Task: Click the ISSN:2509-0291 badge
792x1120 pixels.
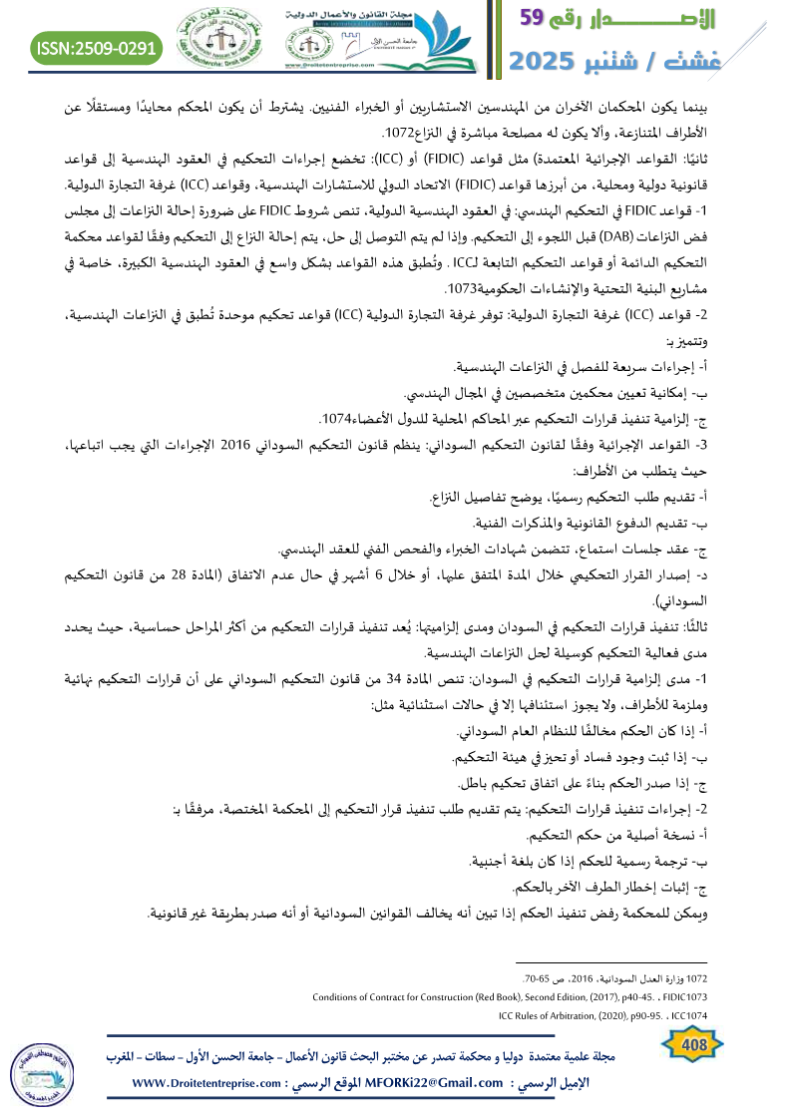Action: point(98,47)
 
